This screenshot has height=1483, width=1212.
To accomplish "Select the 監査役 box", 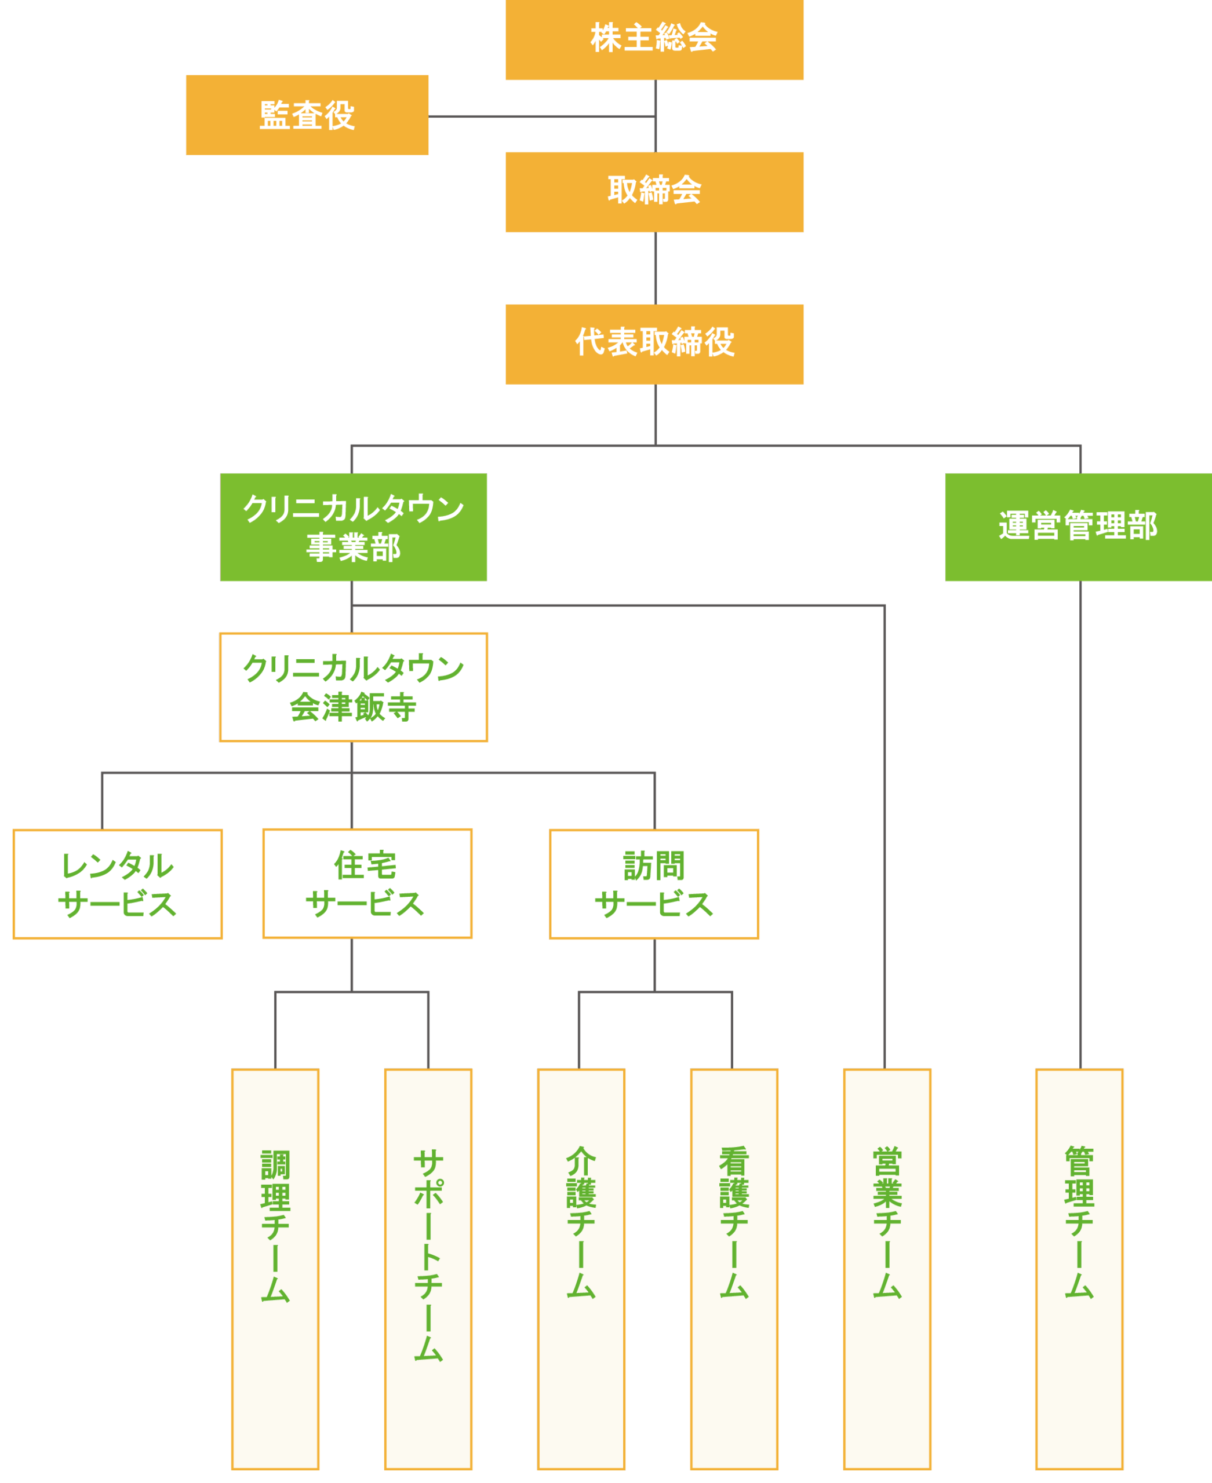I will pos(307,115).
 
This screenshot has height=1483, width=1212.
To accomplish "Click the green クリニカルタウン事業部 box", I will pos(353,528).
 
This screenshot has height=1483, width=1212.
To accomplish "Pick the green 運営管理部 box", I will pos(1078,527).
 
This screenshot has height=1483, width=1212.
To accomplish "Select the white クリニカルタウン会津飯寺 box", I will pos(353,688).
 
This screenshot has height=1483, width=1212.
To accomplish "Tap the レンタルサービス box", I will pos(117,884).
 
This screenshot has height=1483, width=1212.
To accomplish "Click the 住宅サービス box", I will pos(366,883).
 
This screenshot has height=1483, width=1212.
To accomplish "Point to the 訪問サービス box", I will pos(654,884).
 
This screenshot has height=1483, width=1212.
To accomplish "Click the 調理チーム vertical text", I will pos(275,1225).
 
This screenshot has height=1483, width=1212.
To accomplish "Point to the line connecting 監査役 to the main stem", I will pos(541,116).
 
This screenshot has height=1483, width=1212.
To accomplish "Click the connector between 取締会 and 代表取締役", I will pos(655,269).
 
